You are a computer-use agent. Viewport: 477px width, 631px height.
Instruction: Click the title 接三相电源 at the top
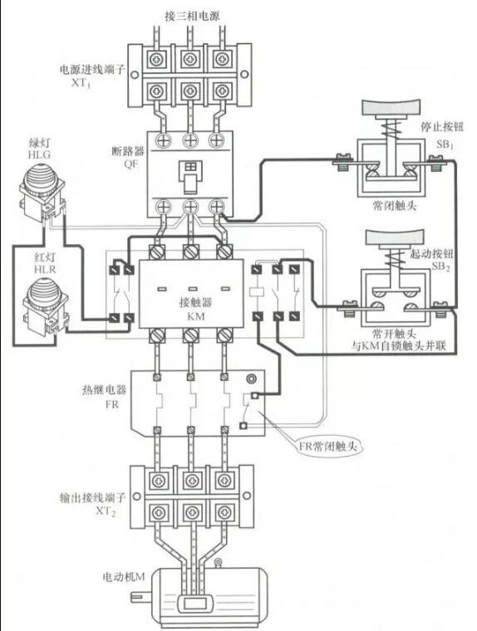(193, 16)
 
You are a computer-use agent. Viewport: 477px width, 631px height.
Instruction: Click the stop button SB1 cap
(392, 106)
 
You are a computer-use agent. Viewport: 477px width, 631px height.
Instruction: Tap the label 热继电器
(105, 389)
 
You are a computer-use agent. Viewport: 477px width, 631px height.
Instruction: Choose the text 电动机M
(123, 577)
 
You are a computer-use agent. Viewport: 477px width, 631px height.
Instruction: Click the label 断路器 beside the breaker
(128, 152)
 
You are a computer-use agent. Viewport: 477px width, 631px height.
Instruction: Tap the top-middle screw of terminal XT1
(189, 60)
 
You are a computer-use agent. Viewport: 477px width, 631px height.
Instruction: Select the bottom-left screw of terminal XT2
(157, 513)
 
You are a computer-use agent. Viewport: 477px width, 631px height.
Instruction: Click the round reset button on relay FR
(252, 379)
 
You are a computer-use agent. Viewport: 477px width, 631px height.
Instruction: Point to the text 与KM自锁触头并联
(398, 345)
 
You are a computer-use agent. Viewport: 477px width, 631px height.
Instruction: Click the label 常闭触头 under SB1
(394, 206)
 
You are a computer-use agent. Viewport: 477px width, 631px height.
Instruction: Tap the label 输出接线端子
(93, 498)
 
